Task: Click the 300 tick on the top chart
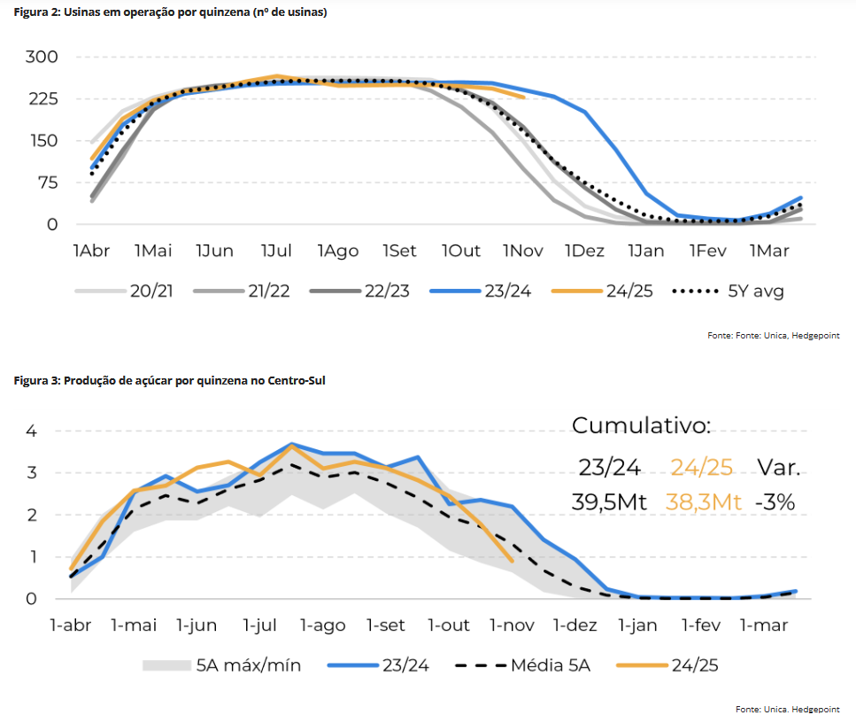(x=41, y=57)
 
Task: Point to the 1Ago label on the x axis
(x=338, y=252)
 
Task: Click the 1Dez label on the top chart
(x=584, y=252)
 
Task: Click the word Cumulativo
(x=641, y=426)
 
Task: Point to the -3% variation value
(x=775, y=502)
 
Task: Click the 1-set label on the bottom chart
(x=385, y=626)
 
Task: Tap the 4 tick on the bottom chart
(x=31, y=431)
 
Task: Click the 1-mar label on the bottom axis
(x=764, y=626)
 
